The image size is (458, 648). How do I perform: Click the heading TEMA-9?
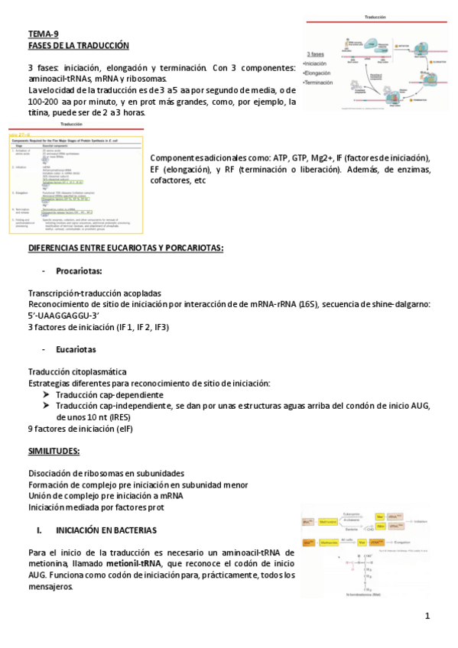[44, 34]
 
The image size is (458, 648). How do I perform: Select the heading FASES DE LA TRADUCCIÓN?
[79, 45]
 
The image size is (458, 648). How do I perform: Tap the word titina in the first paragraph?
[40, 112]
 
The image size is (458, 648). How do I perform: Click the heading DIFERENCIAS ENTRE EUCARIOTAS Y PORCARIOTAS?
[125, 249]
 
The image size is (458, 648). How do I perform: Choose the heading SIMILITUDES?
[54, 451]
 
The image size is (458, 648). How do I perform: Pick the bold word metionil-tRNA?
[135, 563]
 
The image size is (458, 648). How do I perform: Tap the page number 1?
[428, 616]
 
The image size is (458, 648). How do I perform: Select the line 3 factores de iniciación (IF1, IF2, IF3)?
[99, 327]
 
